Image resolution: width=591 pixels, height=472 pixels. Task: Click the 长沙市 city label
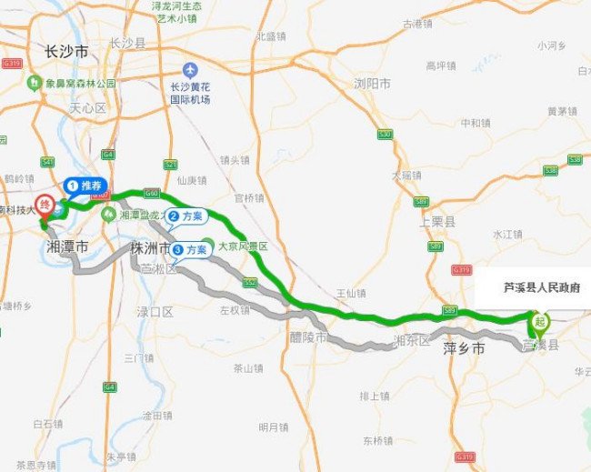point(67,53)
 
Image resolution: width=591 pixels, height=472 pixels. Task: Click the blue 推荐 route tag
point(86,186)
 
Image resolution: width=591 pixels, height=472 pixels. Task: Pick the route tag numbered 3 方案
point(190,248)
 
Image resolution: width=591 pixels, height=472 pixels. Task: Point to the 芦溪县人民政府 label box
point(542,287)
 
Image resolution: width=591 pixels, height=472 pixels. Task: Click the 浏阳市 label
point(372,84)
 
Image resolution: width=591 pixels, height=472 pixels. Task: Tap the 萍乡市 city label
point(463,348)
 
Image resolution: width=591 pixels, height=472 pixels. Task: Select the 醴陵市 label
point(308,337)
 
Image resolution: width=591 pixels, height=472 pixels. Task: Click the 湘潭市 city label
point(68,246)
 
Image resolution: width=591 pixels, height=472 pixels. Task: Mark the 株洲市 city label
point(149,247)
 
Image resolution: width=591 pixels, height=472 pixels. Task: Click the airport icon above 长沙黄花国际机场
point(190,70)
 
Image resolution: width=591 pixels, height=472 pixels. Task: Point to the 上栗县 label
point(437,221)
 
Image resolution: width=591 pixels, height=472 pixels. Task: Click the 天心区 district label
point(88,108)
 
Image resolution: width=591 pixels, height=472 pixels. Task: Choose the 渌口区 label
point(155,312)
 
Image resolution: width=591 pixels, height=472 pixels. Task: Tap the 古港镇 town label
point(417,24)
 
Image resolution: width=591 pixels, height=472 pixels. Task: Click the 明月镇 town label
point(273,427)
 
